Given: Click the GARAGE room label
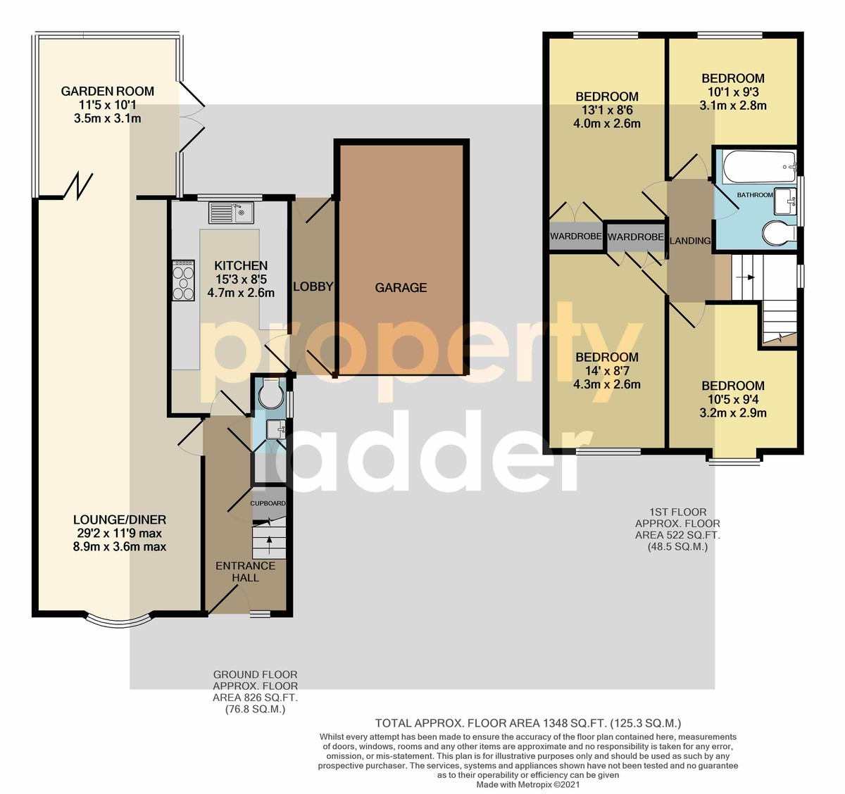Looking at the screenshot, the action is pyautogui.click(x=401, y=288).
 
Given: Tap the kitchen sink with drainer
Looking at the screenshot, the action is pyautogui.click(x=231, y=213).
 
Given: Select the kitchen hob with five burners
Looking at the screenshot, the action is pyautogui.click(x=183, y=280).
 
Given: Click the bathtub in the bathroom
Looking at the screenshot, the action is pyautogui.click(x=758, y=167).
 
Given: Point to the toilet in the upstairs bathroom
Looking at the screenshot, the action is pyautogui.click(x=779, y=234).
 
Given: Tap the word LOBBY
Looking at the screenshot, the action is pyautogui.click(x=313, y=286).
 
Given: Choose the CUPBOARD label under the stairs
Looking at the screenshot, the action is pyautogui.click(x=268, y=503).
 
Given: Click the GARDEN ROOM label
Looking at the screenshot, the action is pyautogui.click(x=107, y=91).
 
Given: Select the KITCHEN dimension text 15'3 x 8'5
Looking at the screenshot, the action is pyautogui.click(x=241, y=279).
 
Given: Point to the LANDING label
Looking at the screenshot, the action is pyautogui.click(x=689, y=241).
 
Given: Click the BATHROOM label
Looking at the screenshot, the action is pyautogui.click(x=755, y=195).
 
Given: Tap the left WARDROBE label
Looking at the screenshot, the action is pyautogui.click(x=576, y=236).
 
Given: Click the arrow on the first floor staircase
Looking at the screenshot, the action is pyautogui.click(x=748, y=277).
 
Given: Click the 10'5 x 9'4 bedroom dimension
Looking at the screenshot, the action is pyautogui.click(x=732, y=399).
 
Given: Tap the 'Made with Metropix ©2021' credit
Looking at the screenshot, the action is pyautogui.click(x=527, y=785).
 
